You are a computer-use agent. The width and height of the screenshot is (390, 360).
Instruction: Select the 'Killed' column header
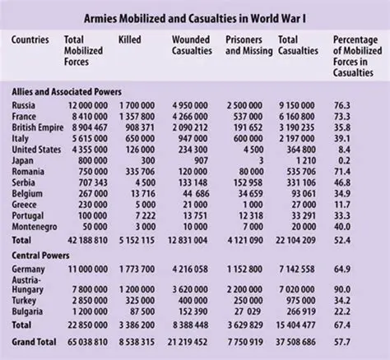tap(132, 39)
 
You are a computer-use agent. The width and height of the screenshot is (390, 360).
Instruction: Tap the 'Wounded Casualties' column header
tap(193, 45)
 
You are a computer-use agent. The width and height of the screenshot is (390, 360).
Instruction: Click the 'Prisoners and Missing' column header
tap(247, 45)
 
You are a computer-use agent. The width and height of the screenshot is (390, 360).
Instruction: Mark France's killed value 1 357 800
tap(137, 117)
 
